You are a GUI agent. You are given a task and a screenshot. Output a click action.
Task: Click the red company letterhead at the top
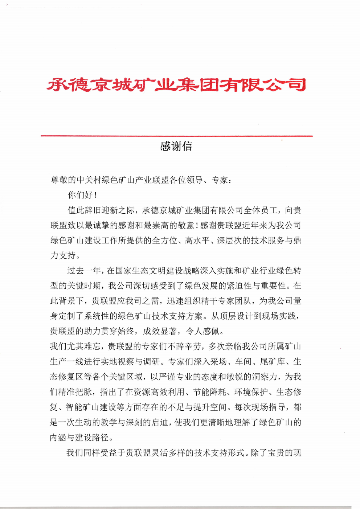tap(176, 85)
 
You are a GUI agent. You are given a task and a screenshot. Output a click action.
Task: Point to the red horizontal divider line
tap(176, 136)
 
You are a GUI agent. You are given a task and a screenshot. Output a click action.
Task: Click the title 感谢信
tap(176, 146)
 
